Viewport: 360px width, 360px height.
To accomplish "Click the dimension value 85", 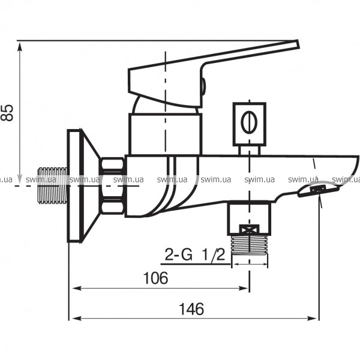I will tap(7, 112).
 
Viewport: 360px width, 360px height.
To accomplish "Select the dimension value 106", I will tap(155, 278).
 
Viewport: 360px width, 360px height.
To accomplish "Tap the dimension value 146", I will tap(191, 309).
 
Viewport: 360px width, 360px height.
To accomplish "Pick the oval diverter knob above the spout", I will tap(248, 122).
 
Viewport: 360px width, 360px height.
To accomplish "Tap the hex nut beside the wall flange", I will tap(112, 185).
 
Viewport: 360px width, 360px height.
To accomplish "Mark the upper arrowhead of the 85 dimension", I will tap(21, 45).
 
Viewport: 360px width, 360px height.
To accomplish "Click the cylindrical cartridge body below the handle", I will tap(163, 133).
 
